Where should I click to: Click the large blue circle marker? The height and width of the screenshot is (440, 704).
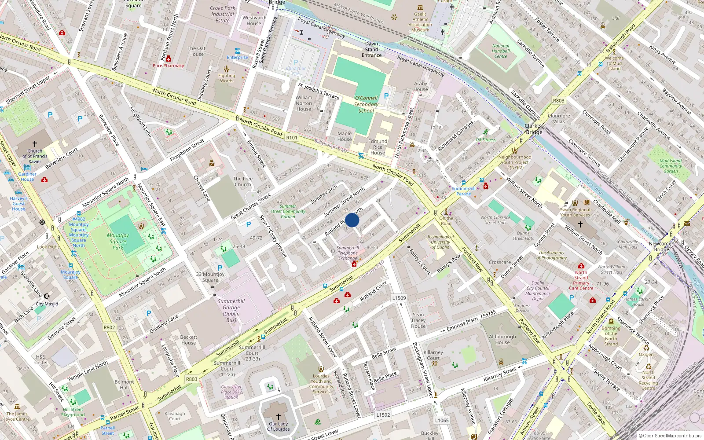[352, 220]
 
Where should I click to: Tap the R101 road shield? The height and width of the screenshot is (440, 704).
[292, 138]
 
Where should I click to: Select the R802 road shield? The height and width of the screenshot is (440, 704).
[109, 327]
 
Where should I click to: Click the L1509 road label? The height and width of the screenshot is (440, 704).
[399, 298]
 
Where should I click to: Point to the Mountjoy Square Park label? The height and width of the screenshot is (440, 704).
[118, 242]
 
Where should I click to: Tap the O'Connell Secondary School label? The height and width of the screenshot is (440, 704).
[366, 104]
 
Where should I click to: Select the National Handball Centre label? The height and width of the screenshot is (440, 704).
[501, 51]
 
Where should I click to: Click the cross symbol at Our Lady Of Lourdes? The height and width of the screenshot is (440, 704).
[278, 416]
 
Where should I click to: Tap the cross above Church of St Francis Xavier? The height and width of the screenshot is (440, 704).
[35, 144]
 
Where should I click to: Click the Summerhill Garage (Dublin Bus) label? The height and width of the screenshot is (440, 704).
[231, 311]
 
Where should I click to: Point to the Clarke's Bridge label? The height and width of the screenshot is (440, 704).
[534, 129]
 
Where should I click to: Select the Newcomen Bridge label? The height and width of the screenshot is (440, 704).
[661, 246]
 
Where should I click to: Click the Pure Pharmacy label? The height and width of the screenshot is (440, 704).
[168, 66]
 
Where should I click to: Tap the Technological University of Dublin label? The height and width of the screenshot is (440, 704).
[440, 242]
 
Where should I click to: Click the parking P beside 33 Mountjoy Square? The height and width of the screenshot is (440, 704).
[220, 268]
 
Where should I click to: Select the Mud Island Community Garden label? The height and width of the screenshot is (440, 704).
[671, 166]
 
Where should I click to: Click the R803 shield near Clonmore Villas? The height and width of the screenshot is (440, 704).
[558, 101]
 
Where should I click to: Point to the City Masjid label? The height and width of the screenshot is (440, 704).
[47, 304]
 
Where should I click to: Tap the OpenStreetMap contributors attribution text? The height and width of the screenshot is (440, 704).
[670, 436]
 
